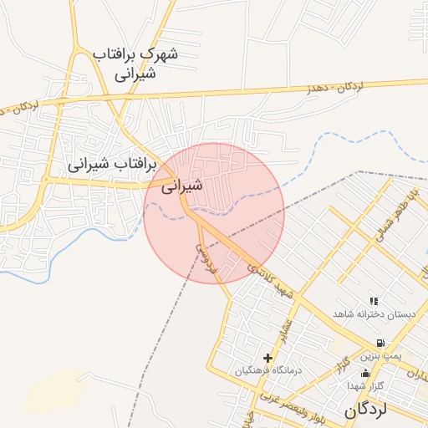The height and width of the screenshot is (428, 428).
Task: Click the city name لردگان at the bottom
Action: click(367, 410)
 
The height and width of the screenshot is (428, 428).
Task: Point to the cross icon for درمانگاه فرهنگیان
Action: click(267, 358)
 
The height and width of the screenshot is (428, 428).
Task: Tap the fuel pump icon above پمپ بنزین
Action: click(381, 343)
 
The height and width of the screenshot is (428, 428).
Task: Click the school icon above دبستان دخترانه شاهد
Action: click(374, 301)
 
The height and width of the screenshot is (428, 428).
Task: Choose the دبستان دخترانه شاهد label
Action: click(374, 313)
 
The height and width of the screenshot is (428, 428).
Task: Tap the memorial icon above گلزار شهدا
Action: click(365, 373)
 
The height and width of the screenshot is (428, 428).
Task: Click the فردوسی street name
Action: click(206, 260)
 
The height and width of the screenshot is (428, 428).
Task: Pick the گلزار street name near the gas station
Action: click(341, 366)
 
